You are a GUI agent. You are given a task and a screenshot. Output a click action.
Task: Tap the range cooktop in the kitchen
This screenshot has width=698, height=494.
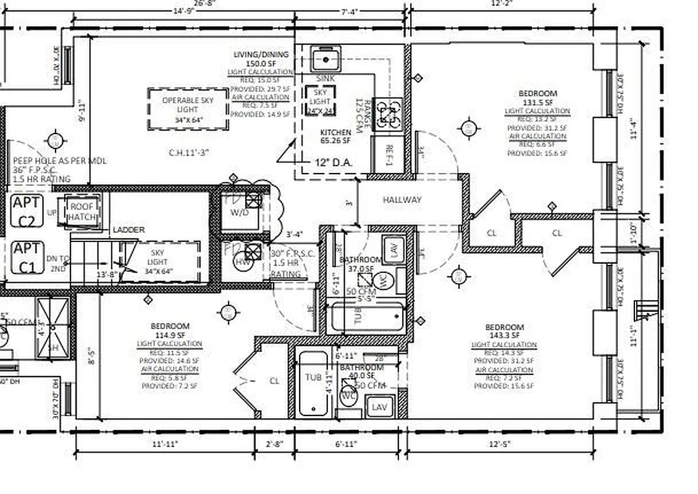pos(390,114)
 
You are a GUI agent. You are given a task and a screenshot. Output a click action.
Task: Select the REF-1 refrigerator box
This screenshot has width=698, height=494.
pos(389,154)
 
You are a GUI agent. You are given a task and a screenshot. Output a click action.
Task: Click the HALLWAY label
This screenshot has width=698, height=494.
pos(402,199)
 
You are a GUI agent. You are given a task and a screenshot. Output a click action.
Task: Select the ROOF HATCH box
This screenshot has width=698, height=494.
pos(82,212)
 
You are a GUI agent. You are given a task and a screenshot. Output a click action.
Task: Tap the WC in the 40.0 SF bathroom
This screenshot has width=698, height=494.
pos(348,396)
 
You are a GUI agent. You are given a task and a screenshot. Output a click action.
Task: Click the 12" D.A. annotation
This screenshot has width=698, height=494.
pos(334,163)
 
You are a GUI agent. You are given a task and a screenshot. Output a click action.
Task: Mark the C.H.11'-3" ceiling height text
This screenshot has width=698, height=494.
pos(188,152)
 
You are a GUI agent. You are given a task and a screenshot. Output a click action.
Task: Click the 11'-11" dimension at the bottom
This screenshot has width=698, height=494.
pos(165,443)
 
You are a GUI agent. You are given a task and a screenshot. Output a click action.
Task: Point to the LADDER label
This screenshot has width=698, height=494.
pos(128,230)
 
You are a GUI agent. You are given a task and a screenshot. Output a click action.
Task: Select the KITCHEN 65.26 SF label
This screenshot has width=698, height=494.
pos(335,136)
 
